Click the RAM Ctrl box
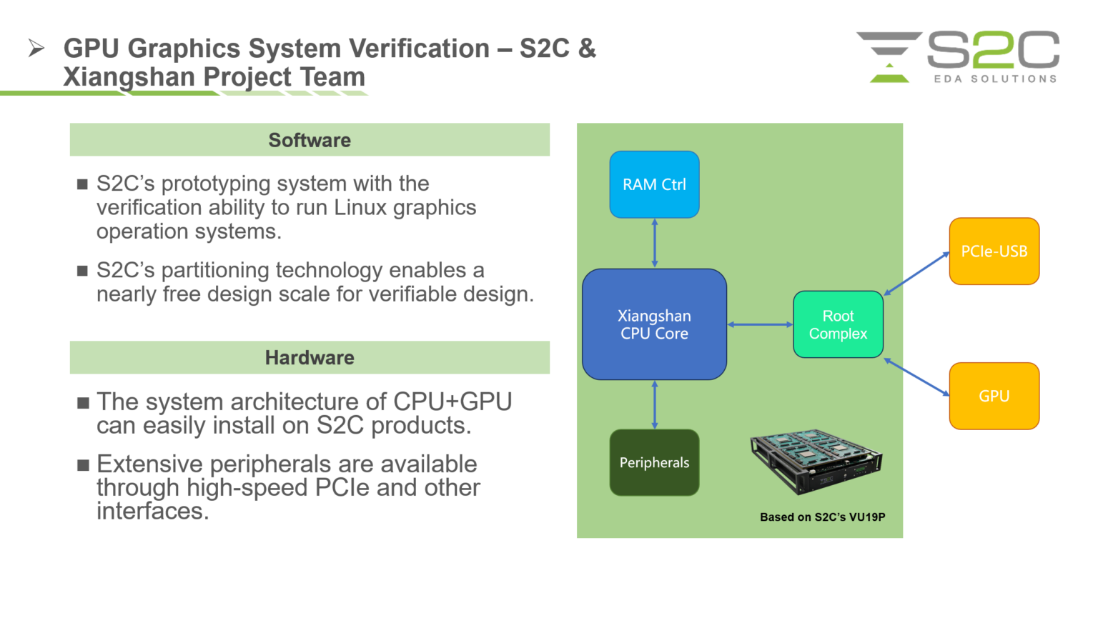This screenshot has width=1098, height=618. pyautogui.click(x=654, y=184)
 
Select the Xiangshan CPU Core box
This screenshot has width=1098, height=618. pyautogui.click(x=654, y=324)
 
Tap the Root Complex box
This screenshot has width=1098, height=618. pyautogui.click(x=838, y=324)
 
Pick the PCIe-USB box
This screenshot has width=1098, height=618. pyautogui.click(x=994, y=251)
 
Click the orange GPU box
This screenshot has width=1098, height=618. pyautogui.click(x=994, y=396)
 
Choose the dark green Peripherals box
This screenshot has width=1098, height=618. pyautogui.click(x=654, y=462)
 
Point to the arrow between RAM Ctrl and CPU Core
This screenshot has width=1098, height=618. pyautogui.click(x=655, y=244)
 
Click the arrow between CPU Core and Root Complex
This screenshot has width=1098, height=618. pyautogui.click(x=760, y=324)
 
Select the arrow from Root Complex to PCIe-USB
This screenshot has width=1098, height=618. pyautogui.click(x=916, y=273)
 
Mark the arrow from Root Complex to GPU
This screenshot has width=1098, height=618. pyautogui.click(x=916, y=377)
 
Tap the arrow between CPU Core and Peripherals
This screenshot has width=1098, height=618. pyautogui.click(x=655, y=404)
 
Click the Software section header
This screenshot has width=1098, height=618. pyautogui.click(x=310, y=140)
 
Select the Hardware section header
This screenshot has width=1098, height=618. pyautogui.click(x=310, y=358)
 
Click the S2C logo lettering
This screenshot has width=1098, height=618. pyautogui.click(x=994, y=50)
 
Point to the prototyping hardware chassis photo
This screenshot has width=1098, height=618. pyautogui.click(x=816, y=462)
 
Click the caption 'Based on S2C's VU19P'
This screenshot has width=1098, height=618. pyautogui.click(x=822, y=517)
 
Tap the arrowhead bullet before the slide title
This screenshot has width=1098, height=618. pyautogui.click(x=36, y=49)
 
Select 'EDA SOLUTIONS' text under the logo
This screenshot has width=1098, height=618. pyautogui.click(x=995, y=79)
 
